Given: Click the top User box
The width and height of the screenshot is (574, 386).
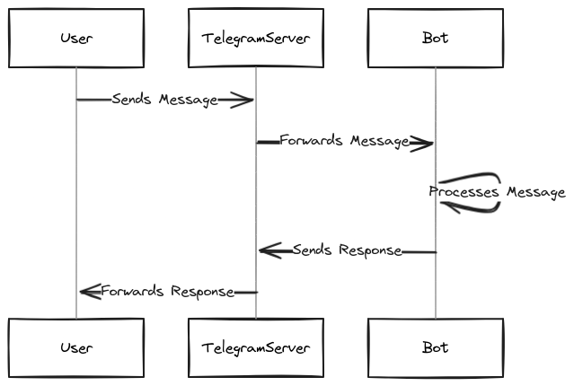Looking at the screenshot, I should [x=76, y=39].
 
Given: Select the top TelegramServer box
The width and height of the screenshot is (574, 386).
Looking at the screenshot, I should [x=256, y=39].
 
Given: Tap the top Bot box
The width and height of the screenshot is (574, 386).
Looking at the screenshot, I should [x=436, y=39].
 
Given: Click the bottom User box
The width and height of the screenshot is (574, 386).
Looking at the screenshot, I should [x=76, y=347].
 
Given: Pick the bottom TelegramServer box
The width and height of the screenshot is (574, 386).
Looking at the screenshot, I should [x=256, y=347].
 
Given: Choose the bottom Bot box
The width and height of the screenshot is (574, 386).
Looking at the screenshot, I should [x=436, y=347].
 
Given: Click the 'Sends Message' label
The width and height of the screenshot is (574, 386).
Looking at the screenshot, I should [x=165, y=100].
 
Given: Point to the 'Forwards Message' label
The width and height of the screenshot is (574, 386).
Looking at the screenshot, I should [x=345, y=141].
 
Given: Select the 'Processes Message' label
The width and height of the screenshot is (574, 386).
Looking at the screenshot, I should [x=497, y=192].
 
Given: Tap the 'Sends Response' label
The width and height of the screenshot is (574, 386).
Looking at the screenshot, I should [x=347, y=250].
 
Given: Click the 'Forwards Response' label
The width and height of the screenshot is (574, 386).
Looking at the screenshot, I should [x=167, y=291].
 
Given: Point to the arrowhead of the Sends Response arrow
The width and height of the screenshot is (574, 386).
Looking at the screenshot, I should [x=269, y=250].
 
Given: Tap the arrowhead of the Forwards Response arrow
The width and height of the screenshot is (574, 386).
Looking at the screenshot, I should [x=89, y=291].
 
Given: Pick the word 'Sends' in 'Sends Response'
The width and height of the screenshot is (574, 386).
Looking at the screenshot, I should [x=311, y=250].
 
